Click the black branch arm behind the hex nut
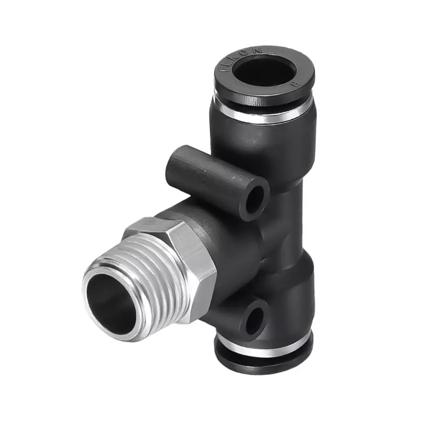230,235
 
